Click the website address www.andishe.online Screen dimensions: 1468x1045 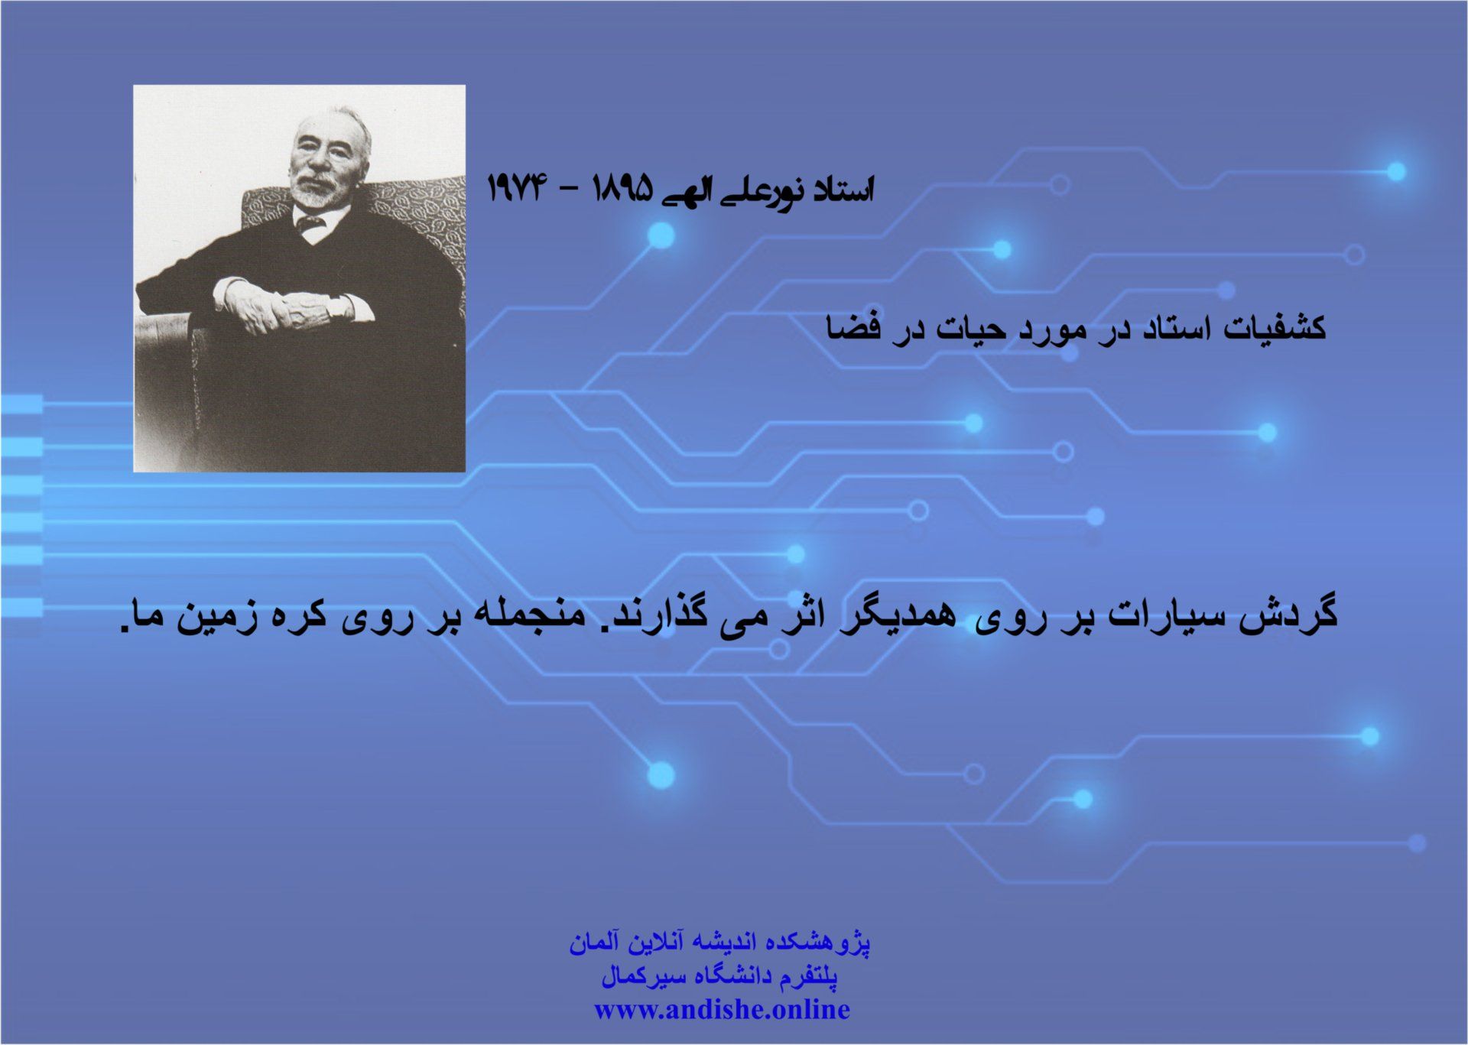(x=722, y=1010)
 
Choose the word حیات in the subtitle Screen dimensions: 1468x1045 (x=969, y=329)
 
